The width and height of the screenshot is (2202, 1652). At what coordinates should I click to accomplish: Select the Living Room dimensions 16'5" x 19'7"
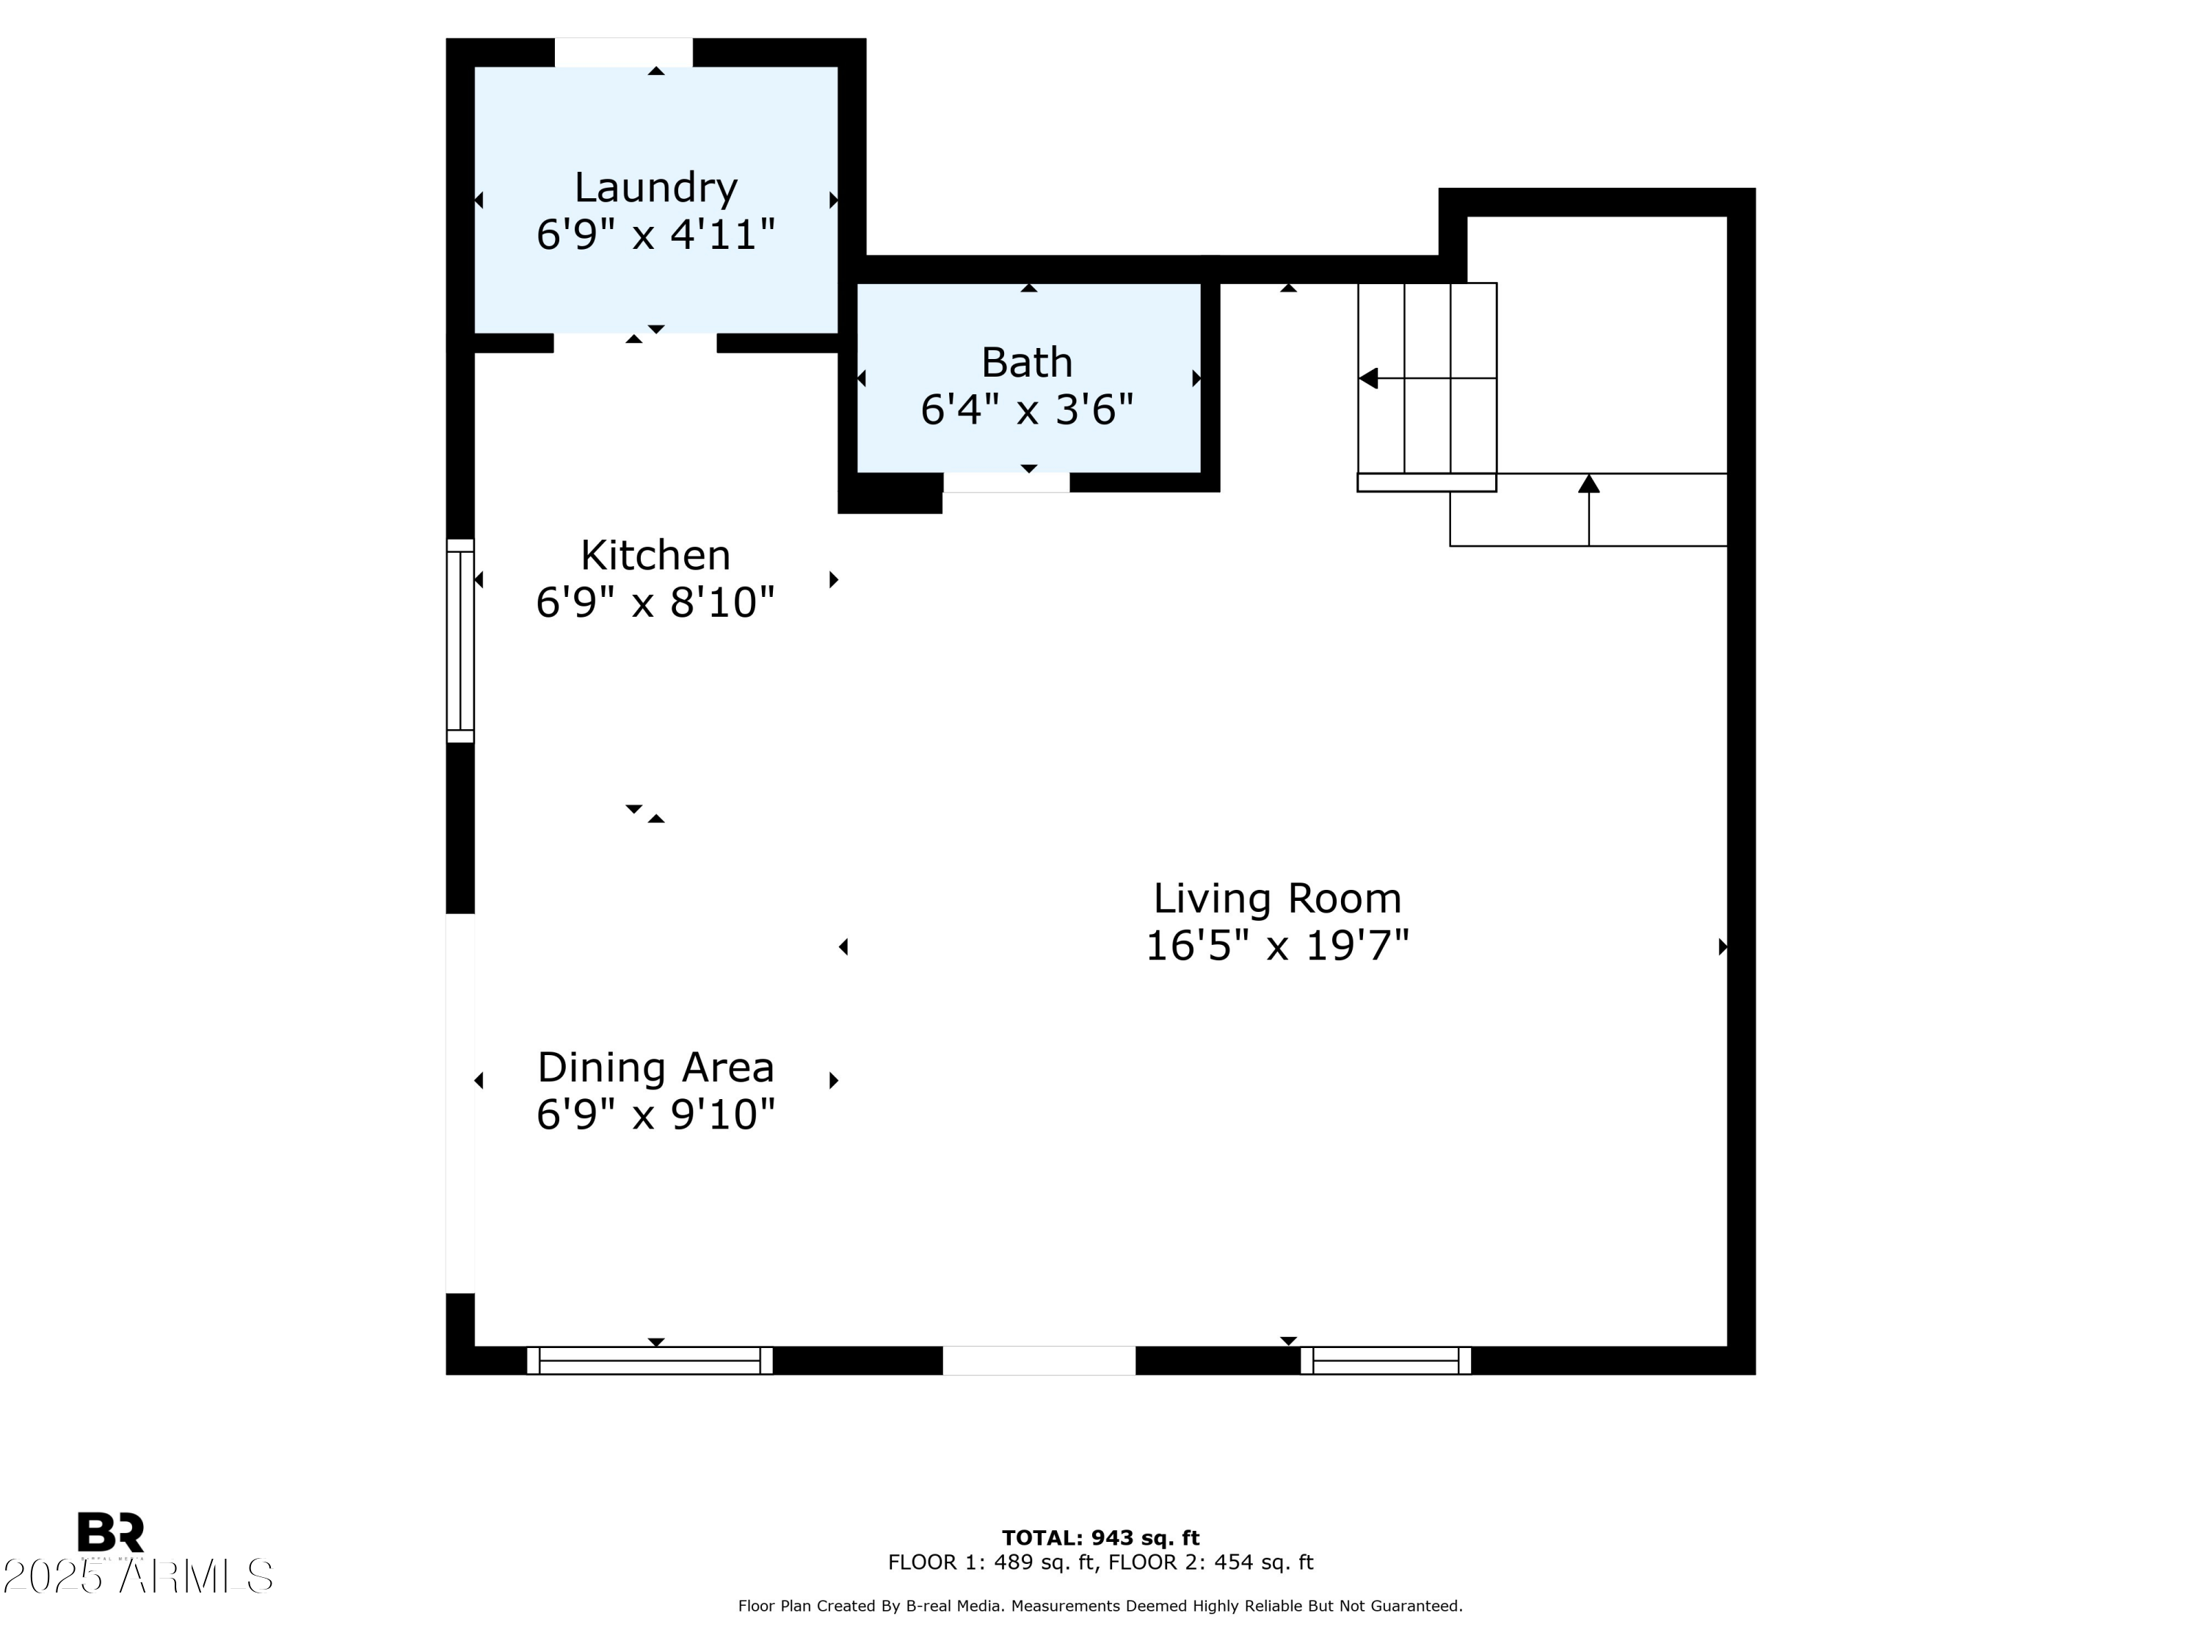[x=1277, y=945]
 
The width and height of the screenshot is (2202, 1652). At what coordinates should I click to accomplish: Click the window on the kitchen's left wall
[x=460, y=640]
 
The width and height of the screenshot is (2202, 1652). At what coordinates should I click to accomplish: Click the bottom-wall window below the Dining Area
[x=649, y=1361]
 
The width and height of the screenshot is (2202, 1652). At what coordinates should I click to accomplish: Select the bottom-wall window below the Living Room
[x=1385, y=1361]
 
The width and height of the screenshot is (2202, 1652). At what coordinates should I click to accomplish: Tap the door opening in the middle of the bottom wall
[x=1039, y=1361]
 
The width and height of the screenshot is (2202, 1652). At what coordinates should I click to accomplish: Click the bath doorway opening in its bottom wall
[x=1006, y=482]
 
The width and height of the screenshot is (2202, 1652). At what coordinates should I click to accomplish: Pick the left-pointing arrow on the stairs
[x=1370, y=378]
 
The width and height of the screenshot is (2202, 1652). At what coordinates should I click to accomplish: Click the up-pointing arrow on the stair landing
[x=1589, y=484]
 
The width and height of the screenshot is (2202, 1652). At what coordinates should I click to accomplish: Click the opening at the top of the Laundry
[x=623, y=53]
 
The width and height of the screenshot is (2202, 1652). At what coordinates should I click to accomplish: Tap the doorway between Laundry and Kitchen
[x=634, y=343]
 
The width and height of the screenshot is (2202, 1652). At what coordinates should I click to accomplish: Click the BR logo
[x=111, y=1532]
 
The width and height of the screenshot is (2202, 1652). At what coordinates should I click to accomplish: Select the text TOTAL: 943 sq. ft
[x=1100, y=1537]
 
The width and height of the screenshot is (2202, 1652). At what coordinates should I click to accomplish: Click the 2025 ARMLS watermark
[x=137, y=1576]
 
